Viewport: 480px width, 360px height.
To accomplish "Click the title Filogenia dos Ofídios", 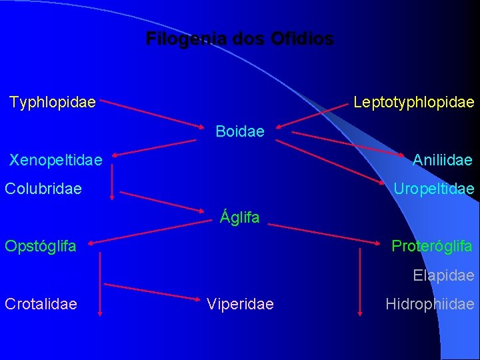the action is pyautogui.click(x=239, y=39).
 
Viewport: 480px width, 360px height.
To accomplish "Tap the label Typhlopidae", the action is pyautogui.click(x=53, y=103).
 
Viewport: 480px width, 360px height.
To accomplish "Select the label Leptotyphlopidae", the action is pyautogui.click(x=413, y=103).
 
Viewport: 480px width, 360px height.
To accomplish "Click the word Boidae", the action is pyautogui.click(x=240, y=131).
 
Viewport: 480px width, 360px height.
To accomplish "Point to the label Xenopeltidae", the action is pyautogui.click(x=55, y=160).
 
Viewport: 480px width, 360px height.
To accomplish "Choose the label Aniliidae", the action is pyautogui.click(x=442, y=160).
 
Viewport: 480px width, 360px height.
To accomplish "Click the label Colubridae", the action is pyautogui.click(x=43, y=189).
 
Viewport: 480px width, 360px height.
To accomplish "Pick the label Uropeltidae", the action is pyautogui.click(x=433, y=189).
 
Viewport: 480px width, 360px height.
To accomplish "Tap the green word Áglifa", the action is pyautogui.click(x=240, y=217).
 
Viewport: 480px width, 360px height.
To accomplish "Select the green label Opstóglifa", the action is pyautogui.click(x=41, y=246).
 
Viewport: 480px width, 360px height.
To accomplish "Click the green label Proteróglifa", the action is pyautogui.click(x=431, y=246).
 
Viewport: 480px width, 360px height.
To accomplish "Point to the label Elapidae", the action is pyautogui.click(x=443, y=275).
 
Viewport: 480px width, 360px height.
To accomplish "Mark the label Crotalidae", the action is pyautogui.click(x=41, y=304).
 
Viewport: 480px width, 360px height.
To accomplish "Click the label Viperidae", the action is pyautogui.click(x=240, y=304).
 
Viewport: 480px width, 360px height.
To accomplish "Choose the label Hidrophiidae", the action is pyautogui.click(x=430, y=304).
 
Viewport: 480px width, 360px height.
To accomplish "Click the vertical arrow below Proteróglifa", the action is pyautogui.click(x=360, y=280).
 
